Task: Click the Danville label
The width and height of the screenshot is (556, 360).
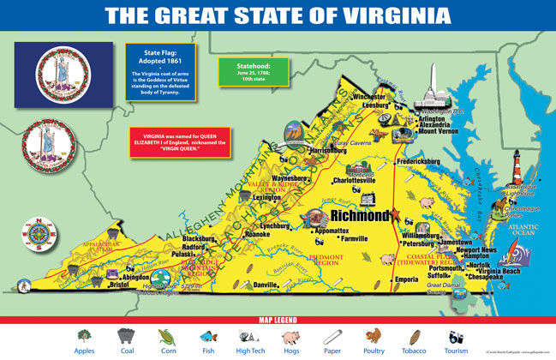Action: (x=266, y=284)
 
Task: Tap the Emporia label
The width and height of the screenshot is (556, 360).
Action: (x=405, y=279)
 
